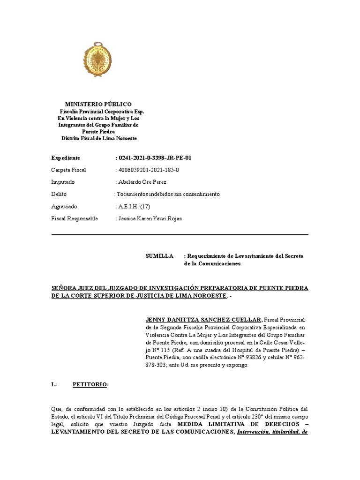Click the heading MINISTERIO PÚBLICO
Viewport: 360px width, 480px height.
[98, 104]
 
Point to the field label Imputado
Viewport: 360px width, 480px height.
[63, 182]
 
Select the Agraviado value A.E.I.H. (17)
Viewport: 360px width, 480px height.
[134, 206]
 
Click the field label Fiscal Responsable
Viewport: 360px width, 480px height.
[74, 218]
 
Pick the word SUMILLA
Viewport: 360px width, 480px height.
[160, 256]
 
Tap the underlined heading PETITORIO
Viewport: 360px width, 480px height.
[90, 385]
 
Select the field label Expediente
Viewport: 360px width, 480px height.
[66, 158]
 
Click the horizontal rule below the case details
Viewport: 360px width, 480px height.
[180, 234]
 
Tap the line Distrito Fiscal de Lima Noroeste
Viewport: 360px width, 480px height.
[99, 138]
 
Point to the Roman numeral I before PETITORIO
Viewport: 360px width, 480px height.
[53, 385]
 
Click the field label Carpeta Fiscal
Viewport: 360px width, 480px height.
[68, 170]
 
